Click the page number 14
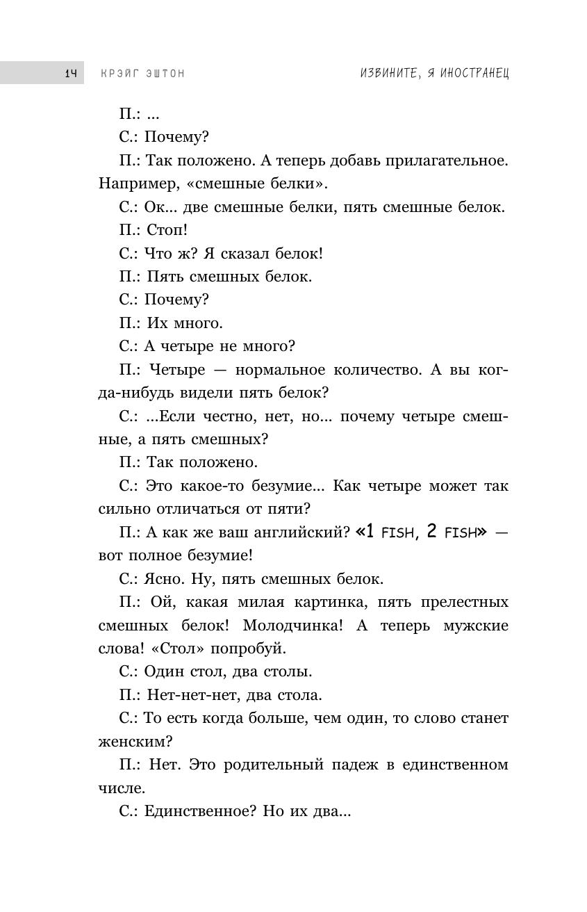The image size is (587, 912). click(x=70, y=73)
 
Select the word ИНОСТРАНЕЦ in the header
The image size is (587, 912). click(x=472, y=73)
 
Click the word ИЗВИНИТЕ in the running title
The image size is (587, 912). click(x=383, y=73)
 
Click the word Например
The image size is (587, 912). click(x=132, y=184)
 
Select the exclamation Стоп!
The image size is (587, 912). click(x=167, y=230)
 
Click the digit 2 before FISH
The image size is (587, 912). click(x=432, y=532)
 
